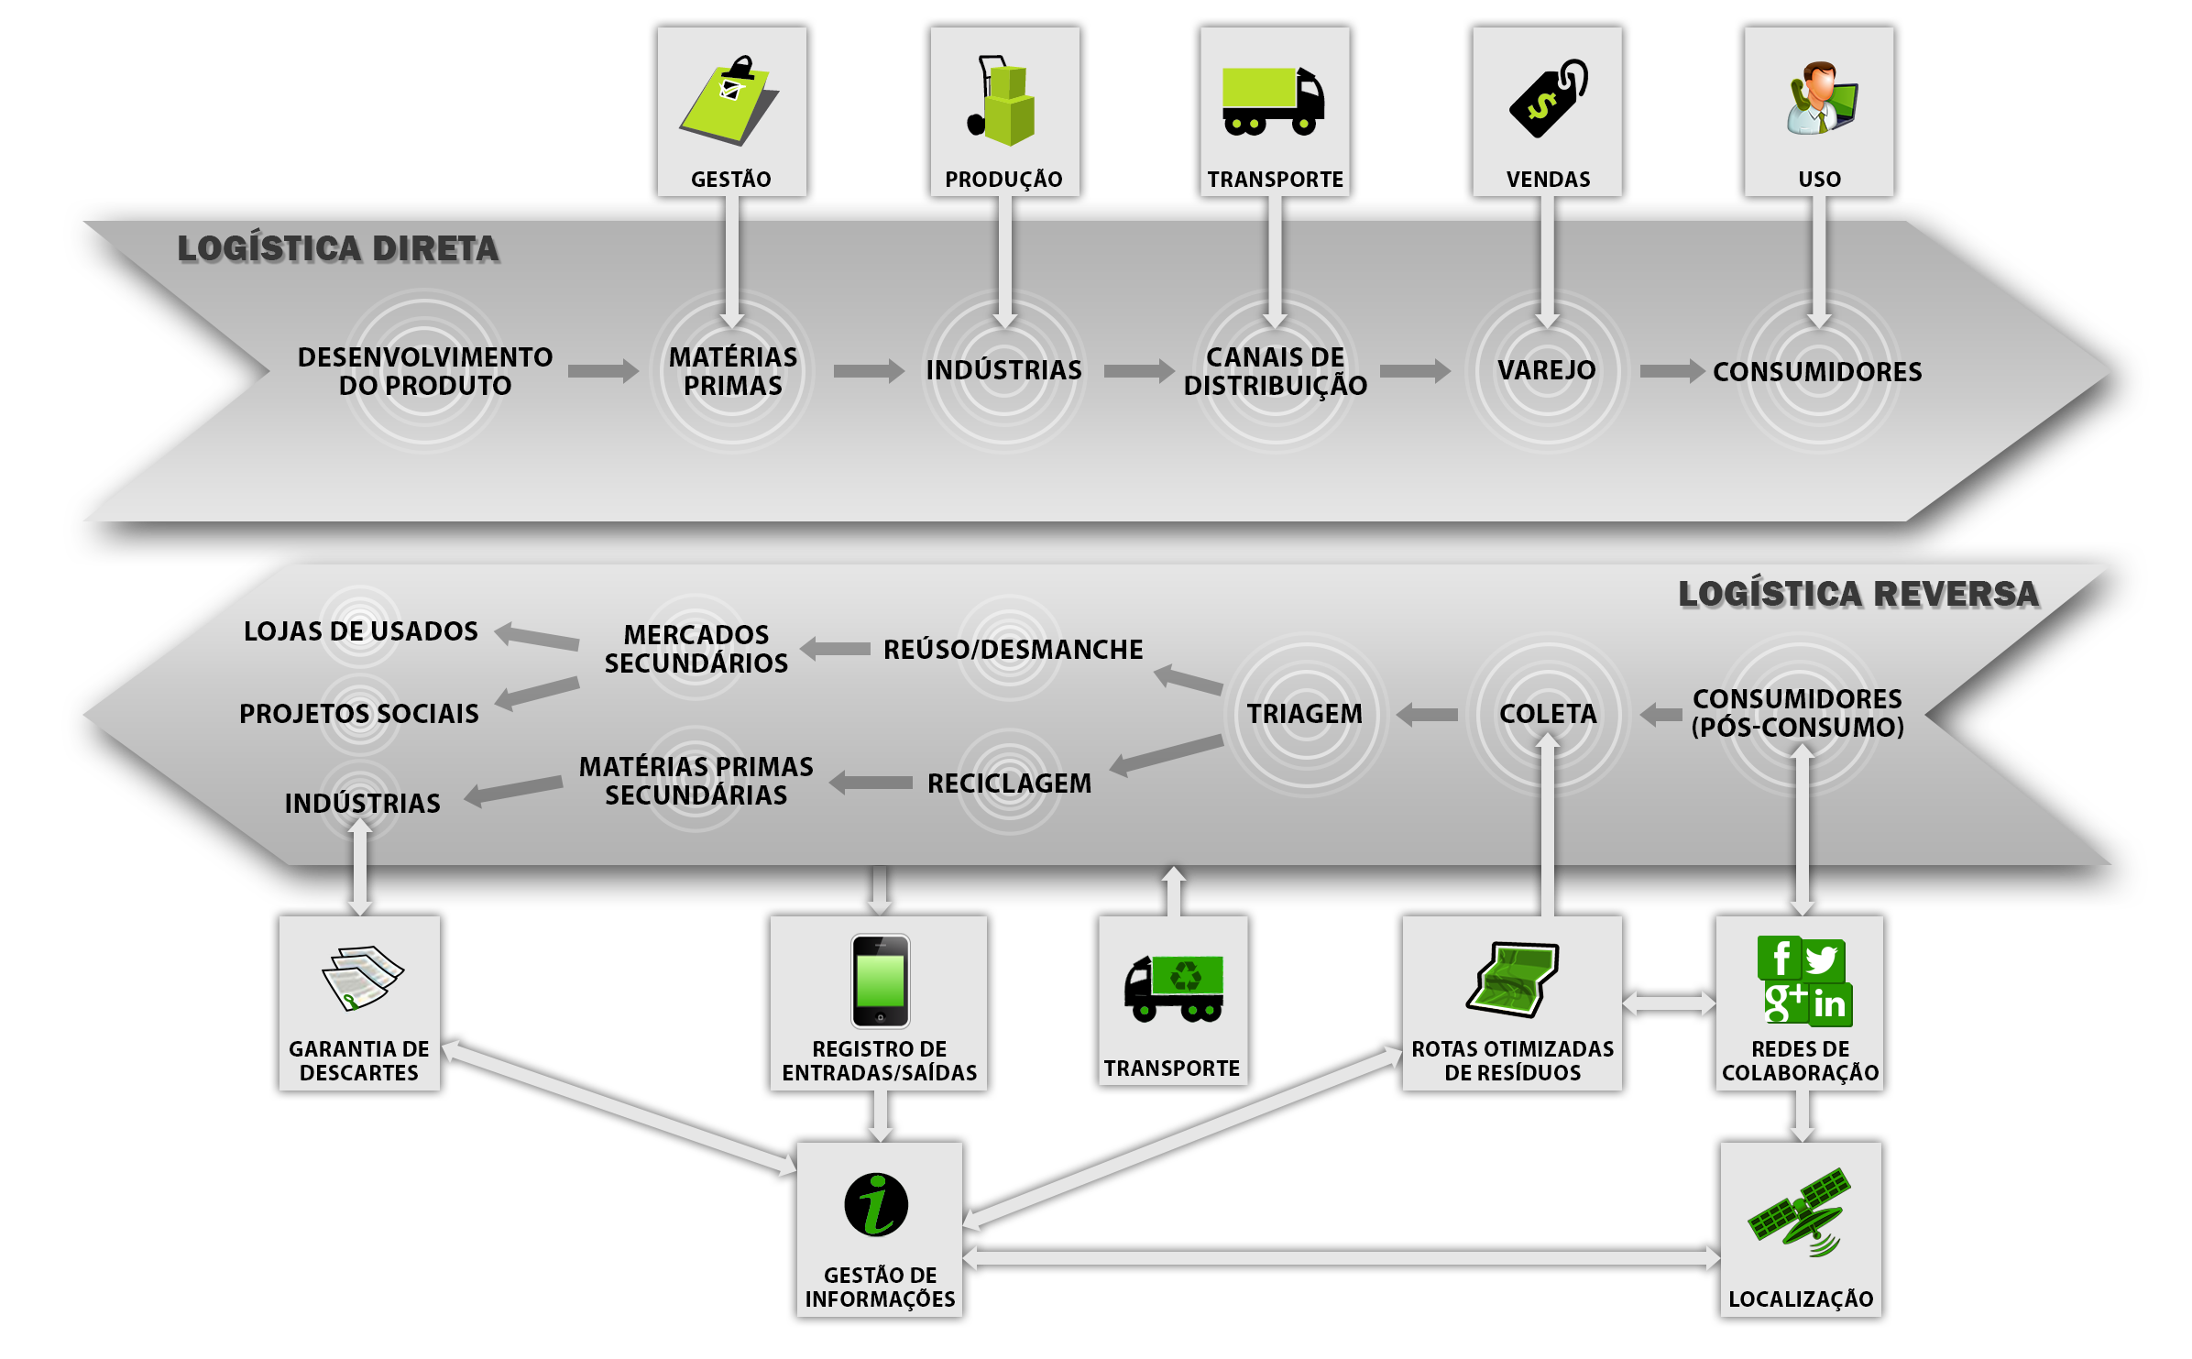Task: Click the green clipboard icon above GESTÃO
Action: [x=729, y=101]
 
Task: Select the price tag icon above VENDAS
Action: [x=1548, y=99]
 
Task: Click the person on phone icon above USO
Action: [x=1820, y=98]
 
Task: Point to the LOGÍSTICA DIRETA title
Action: [x=338, y=248]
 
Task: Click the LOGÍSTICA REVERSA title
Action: [x=1858, y=594]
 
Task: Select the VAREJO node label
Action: [x=1547, y=370]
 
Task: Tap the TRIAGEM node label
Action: [x=1304, y=714]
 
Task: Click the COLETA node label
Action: [x=1548, y=714]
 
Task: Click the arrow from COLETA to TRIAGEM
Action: [x=1427, y=714]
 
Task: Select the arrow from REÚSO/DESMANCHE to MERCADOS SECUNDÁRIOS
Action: [x=835, y=649]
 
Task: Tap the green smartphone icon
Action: [x=880, y=981]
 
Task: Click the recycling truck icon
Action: [x=1174, y=987]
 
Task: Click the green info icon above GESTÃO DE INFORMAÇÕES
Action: [x=876, y=1204]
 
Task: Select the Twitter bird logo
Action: [x=1823, y=959]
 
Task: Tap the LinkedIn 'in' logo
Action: [x=1829, y=1004]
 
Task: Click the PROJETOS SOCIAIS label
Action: [x=359, y=714]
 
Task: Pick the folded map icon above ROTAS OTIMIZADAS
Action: [x=1513, y=979]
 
